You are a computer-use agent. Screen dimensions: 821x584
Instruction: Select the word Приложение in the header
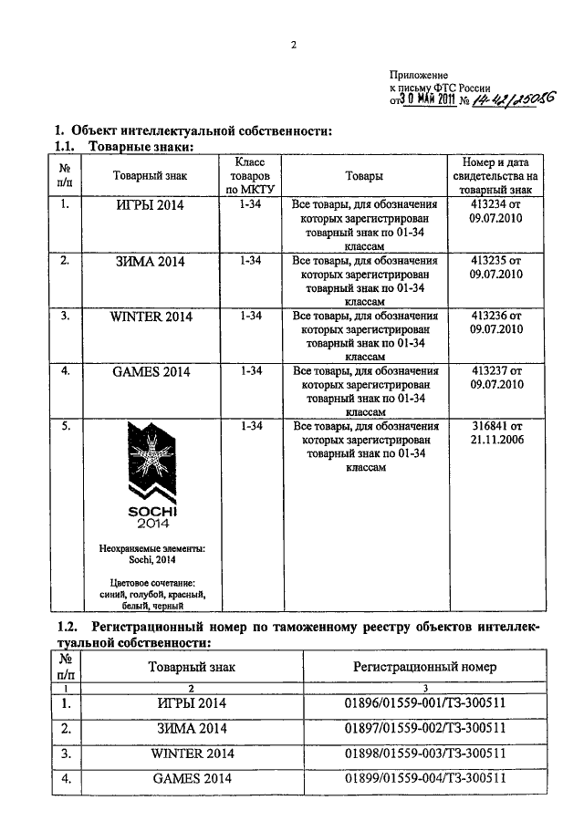click(419, 73)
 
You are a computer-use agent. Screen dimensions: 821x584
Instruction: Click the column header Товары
click(364, 176)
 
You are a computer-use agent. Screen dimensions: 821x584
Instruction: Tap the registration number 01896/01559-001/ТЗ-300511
click(424, 703)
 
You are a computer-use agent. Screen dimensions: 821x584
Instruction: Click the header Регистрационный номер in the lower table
click(424, 667)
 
